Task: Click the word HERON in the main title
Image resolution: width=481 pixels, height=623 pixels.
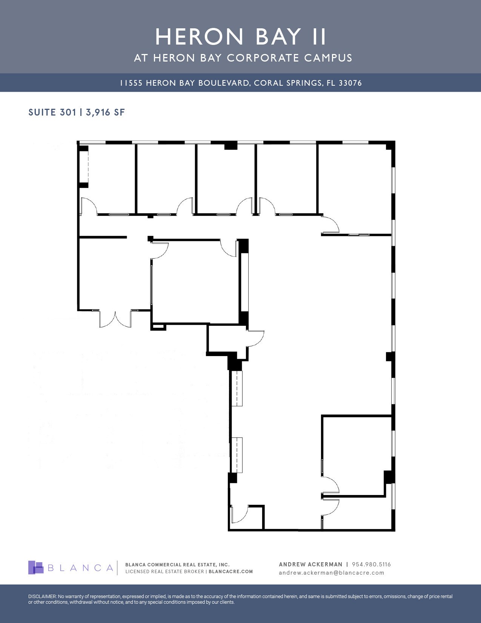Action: tap(200, 37)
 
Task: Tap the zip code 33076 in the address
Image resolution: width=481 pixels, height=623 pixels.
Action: tap(350, 83)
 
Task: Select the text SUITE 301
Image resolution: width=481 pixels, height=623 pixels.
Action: tap(52, 112)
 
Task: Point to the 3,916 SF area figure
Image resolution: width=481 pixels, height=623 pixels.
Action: tap(105, 112)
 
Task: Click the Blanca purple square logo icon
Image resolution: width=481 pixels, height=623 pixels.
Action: tap(36, 567)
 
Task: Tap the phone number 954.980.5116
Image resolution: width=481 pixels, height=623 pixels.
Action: tap(371, 564)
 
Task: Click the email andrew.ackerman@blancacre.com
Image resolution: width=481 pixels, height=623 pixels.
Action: tap(331, 573)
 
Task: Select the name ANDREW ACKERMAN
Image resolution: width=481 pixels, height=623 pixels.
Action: tap(310, 564)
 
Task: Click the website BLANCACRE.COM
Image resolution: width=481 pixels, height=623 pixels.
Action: tap(231, 572)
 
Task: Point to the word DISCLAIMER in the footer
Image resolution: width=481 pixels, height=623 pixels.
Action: tap(42, 597)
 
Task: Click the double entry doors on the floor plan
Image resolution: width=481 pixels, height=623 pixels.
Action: tap(115, 319)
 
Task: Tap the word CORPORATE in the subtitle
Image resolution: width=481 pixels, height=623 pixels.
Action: tap(263, 58)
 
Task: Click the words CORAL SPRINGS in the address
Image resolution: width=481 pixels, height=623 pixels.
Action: tap(288, 83)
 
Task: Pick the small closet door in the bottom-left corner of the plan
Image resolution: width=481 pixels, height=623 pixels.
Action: tap(240, 514)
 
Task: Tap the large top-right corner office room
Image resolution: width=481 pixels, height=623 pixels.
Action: tap(355, 181)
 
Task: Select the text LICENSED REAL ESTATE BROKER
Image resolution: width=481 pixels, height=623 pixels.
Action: tap(164, 572)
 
